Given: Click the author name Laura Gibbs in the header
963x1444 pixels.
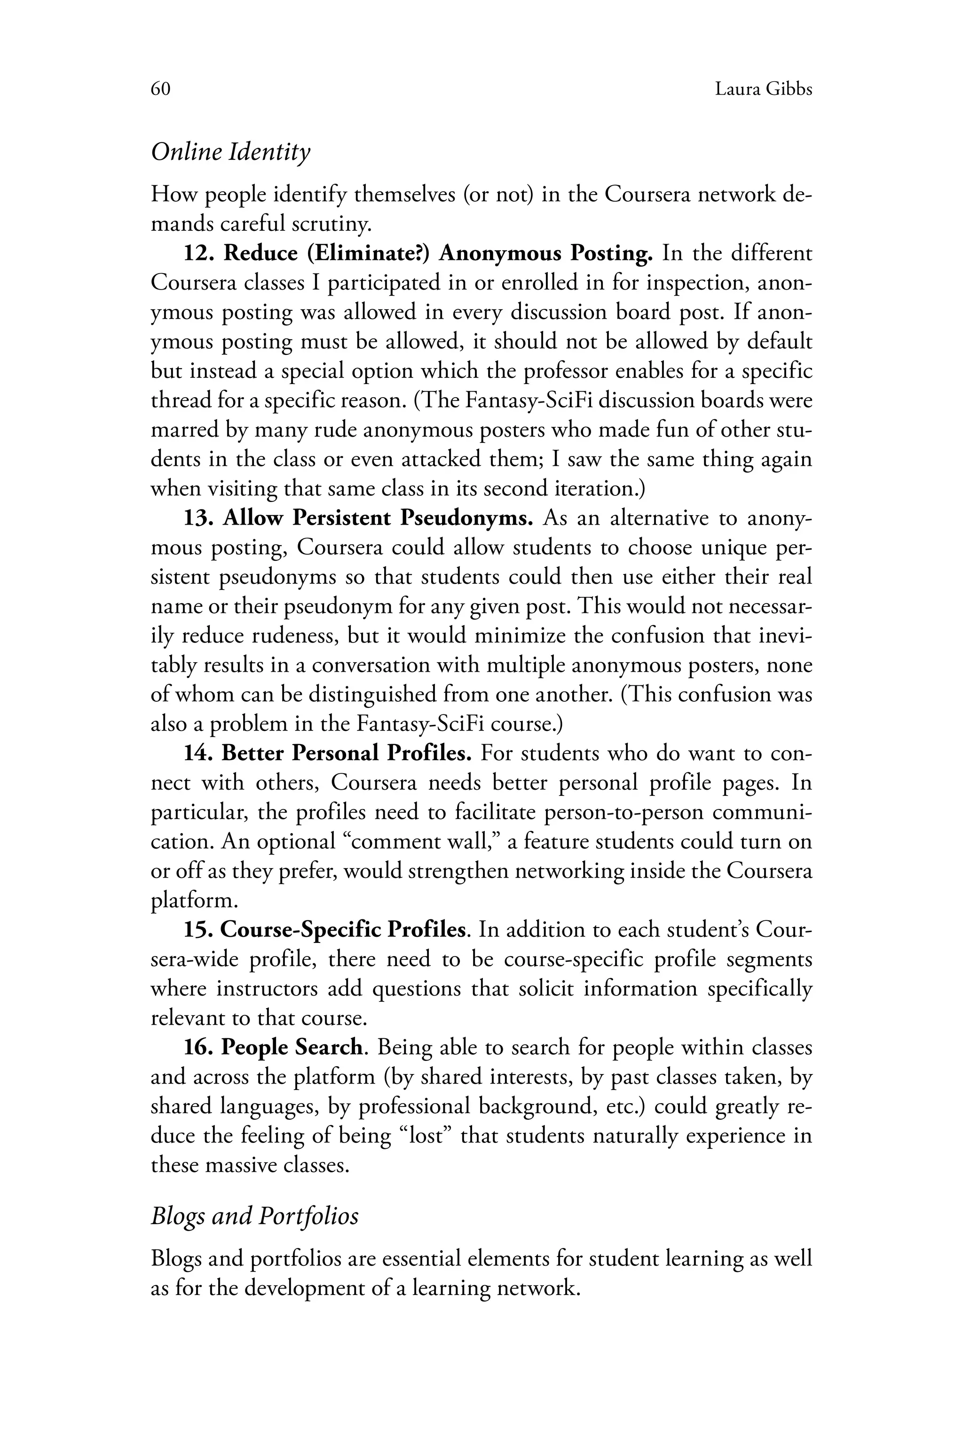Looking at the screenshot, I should (764, 90).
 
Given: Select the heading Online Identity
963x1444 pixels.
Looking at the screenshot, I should (230, 152).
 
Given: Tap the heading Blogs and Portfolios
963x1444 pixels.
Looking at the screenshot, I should (254, 1215).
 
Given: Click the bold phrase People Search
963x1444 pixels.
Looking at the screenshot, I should (292, 1047).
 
